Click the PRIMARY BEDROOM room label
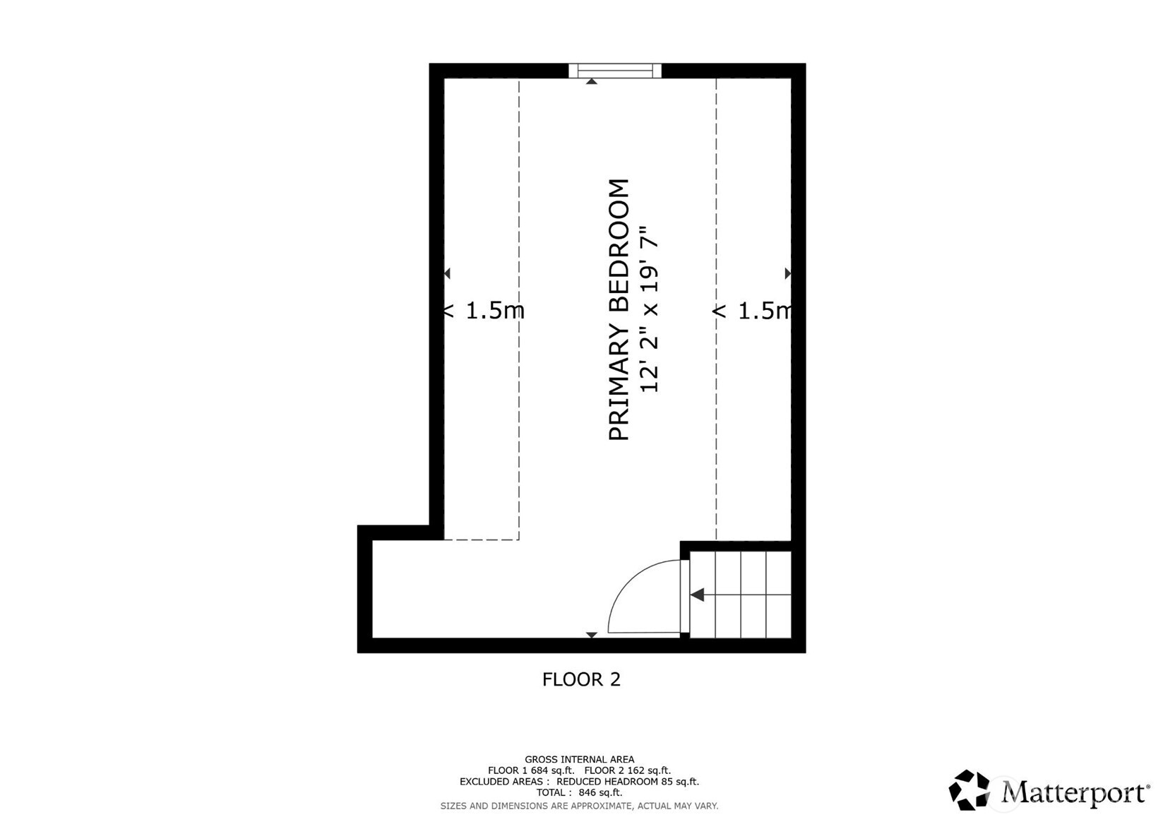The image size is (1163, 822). pos(619,309)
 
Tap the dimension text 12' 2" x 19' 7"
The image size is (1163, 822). pos(649,309)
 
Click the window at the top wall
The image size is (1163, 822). pos(614,71)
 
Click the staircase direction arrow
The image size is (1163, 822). pos(698,595)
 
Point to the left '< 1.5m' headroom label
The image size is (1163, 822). pos(484,310)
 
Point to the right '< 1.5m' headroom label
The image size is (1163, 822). pos(753,310)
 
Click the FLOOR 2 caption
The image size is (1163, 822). pos(581,679)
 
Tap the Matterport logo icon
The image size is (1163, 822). pos(969,790)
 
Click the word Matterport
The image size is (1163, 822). pos(1073,792)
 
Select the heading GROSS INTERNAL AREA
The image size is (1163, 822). pos(579,760)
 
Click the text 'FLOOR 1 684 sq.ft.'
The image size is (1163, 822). pos(531,770)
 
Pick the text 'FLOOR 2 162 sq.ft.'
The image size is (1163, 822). pos(628,770)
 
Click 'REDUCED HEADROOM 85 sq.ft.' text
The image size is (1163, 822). pos(628,782)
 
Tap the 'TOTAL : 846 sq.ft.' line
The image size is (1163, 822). pos(579,793)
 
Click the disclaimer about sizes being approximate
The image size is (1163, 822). pos(579,806)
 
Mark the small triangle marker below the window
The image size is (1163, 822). pos(592,81)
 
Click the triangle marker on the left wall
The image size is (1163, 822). pos(447,273)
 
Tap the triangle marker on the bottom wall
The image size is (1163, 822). pos(592,635)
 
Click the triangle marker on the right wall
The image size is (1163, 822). pos(788,273)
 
